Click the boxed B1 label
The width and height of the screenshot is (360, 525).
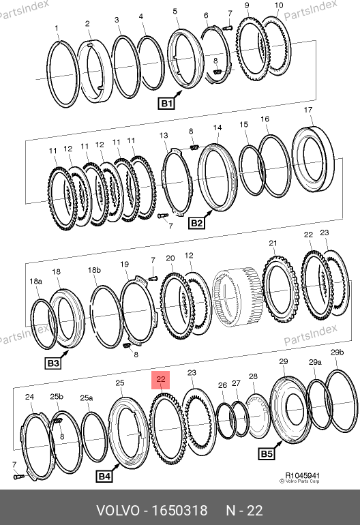166,103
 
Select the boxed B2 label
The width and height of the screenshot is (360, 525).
196,223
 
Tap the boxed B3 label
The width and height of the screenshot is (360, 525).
53,363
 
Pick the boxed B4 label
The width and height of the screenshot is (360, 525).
104,477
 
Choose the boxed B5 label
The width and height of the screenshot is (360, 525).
267,453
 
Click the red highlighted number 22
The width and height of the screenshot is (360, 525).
161,380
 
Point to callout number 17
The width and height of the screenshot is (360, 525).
308,110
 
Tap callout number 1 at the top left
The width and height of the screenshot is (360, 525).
57,29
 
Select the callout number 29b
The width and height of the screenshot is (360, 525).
337,352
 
